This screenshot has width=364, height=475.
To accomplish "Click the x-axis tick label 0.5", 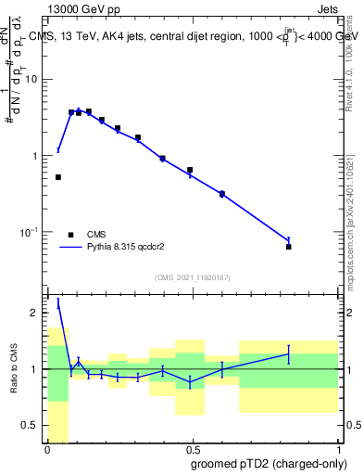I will point(193,449).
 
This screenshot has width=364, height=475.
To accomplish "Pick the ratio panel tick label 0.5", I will point(32,425).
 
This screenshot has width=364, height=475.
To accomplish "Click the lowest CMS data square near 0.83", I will point(289,247).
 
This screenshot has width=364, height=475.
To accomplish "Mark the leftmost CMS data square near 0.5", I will point(58,177).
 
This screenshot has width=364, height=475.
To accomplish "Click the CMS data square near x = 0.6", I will point(222,194).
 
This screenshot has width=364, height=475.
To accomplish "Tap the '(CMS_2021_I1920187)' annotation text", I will point(192,276).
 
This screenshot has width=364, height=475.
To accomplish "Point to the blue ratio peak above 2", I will point(58,302).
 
